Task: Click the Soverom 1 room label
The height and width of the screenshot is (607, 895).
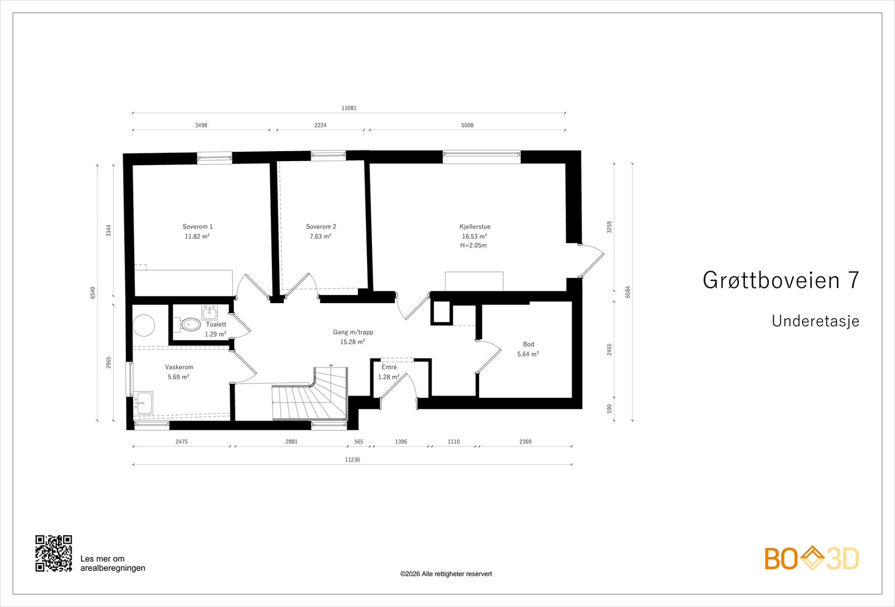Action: pyautogui.click(x=197, y=227)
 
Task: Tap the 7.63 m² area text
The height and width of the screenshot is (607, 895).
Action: pyautogui.click(x=321, y=237)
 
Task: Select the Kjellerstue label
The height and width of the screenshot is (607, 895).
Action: pyautogui.click(x=475, y=227)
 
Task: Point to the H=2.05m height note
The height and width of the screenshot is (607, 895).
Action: pyautogui.click(x=473, y=246)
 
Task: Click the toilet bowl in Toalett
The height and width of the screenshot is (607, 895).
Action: pyautogui.click(x=191, y=324)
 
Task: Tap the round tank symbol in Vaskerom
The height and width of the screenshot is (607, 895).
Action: pyautogui.click(x=144, y=325)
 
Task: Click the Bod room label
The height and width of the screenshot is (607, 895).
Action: pyautogui.click(x=528, y=345)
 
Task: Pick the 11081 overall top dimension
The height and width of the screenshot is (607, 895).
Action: pyautogui.click(x=349, y=108)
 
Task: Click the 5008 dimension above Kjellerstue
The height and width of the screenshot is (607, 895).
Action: pyautogui.click(x=467, y=125)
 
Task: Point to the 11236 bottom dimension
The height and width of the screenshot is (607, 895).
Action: pyautogui.click(x=352, y=460)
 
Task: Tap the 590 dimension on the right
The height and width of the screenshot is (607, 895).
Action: pyautogui.click(x=610, y=409)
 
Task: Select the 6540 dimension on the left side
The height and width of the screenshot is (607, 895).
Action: pyautogui.click(x=93, y=292)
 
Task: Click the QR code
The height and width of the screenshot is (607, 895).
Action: pyautogui.click(x=54, y=553)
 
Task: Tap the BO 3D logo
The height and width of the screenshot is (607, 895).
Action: pyautogui.click(x=812, y=558)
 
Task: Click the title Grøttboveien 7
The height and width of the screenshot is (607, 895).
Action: pyautogui.click(x=780, y=280)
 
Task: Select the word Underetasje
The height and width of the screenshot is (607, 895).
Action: pyautogui.click(x=815, y=321)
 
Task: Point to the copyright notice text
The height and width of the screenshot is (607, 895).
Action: pyautogui.click(x=446, y=574)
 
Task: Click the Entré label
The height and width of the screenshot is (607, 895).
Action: pyautogui.click(x=389, y=368)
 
